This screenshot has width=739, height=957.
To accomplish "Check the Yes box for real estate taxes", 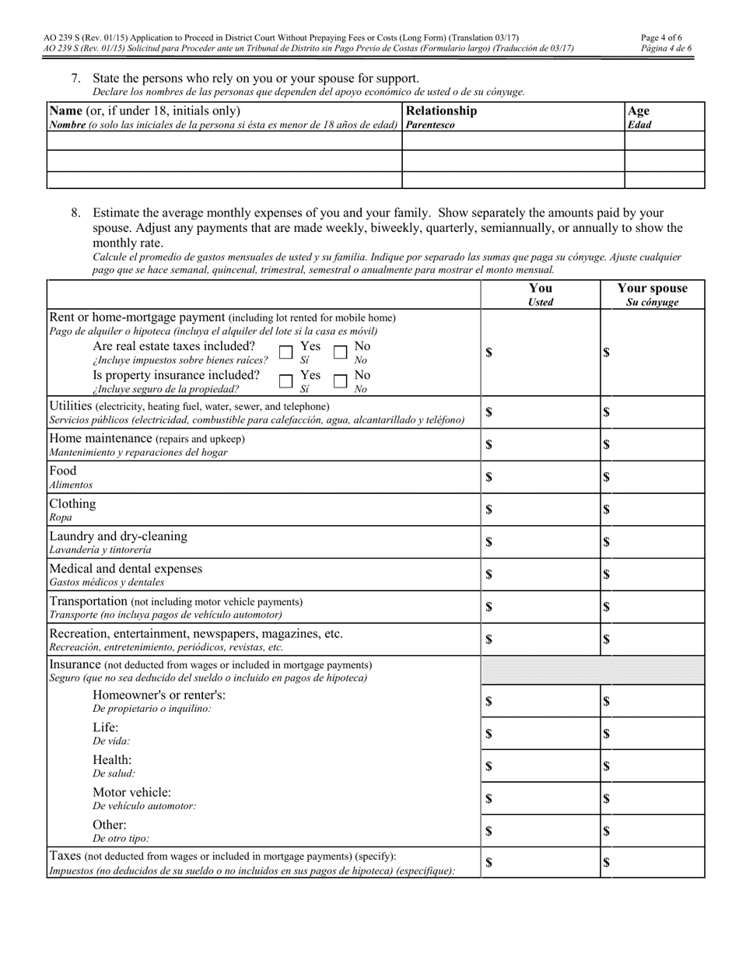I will pyautogui.click(x=285, y=352).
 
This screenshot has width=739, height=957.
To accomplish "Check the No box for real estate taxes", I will pyautogui.click(x=340, y=352).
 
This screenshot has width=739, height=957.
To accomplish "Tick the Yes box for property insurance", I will pyautogui.click(x=285, y=380).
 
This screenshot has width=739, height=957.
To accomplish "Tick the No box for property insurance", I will pyautogui.click(x=340, y=380).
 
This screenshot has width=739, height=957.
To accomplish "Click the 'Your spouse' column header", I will pyautogui.click(x=652, y=294).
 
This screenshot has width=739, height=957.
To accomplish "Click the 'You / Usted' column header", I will pyautogui.click(x=541, y=294).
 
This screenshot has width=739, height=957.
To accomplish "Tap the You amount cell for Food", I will pyautogui.click(x=541, y=477).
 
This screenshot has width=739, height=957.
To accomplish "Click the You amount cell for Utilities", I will pyautogui.click(x=541, y=412).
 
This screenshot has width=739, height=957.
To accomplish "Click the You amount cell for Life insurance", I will pyautogui.click(x=541, y=734).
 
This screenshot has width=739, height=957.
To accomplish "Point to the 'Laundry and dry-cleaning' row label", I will pyautogui.click(x=118, y=536).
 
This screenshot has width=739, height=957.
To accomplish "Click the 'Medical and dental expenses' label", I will pyautogui.click(x=125, y=569).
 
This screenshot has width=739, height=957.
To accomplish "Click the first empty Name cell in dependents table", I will pyautogui.click(x=224, y=141).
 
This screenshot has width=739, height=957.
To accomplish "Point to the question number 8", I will pyautogui.click(x=76, y=212).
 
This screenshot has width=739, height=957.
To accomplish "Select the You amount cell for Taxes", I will pyautogui.click(x=541, y=862).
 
